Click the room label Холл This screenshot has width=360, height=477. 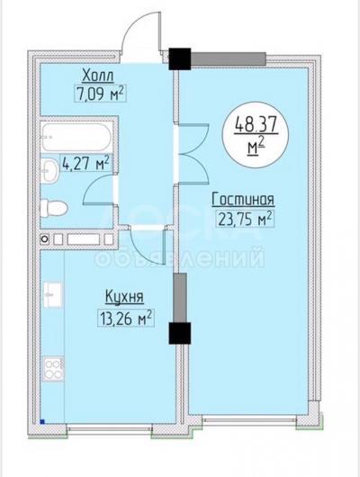point(98,76)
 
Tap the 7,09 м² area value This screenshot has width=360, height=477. point(100,94)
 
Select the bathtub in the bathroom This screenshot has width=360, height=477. point(76,137)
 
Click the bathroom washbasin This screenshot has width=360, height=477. point(49,170)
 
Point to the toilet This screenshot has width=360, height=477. point(54,209)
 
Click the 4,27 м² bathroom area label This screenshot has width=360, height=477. point(85,164)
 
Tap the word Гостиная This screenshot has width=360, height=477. point(243,199)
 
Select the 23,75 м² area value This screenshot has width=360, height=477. point(245,219)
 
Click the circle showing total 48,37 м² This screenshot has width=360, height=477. point(256,135)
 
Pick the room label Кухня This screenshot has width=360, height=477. point(124,296)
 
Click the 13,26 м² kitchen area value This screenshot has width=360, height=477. point(126,318)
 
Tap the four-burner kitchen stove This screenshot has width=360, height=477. point(53,369)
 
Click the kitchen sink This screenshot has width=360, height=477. point(52,294)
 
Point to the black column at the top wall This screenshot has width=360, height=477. point(180,59)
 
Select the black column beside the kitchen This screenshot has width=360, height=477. point(180,333)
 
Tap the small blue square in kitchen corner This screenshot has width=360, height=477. point(42,421)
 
